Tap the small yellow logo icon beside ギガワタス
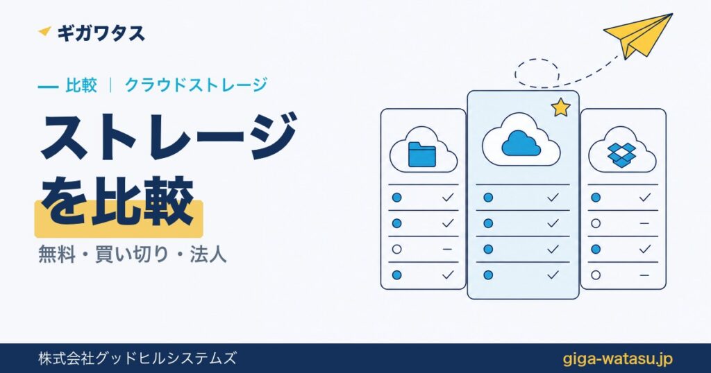click(x=45, y=31)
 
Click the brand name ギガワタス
click(x=101, y=33)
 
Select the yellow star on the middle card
click(x=560, y=107)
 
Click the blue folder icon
click(x=421, y=155)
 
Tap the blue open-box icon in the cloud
click(x=621, y=153)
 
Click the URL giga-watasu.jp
click(x=617, y=358)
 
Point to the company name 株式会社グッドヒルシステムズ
click(x=137, y=358)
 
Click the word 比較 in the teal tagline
click(x=81, y=85)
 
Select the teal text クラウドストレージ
click(x=196, y=85)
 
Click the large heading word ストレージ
click(x=169, y=137)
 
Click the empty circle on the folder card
click(x=396, y=249)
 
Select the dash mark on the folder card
click(x=447, y=249)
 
